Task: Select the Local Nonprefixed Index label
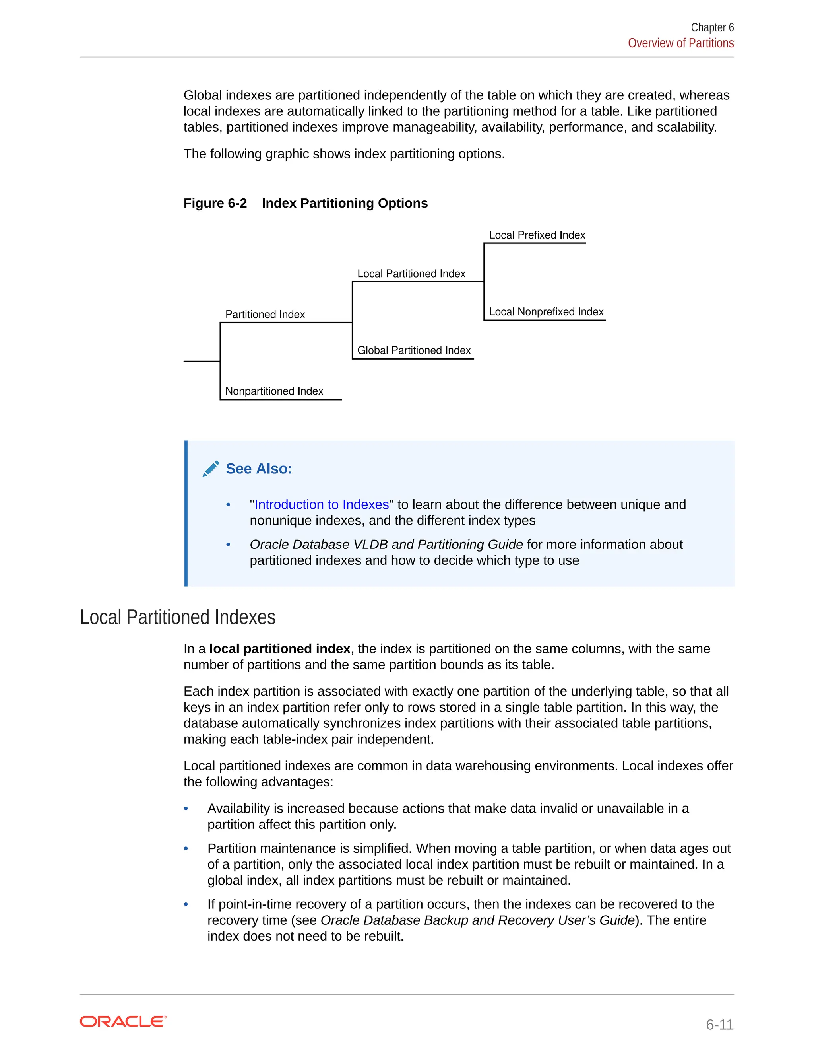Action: pos(546,312)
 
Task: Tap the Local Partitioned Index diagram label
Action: pos(411,274)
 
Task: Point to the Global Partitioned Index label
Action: pos(414,350)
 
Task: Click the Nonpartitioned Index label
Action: pos(274,391)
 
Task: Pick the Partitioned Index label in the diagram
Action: pos(265,315)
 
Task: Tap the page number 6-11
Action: pos(719,1024)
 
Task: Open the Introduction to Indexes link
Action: pos(321,504)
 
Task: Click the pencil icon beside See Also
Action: pos(211,469)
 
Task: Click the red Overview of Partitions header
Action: pos(680,43)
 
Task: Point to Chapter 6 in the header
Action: pos(712,27)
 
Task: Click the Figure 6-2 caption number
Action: pos(215,203)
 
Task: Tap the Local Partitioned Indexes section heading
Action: pos(177,617)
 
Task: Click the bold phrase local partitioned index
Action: pos(279,649)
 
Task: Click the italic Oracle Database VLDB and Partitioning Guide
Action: pos(386,545)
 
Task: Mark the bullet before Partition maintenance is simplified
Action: pos(186,848)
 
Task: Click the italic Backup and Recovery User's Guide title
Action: pos(477,920)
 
